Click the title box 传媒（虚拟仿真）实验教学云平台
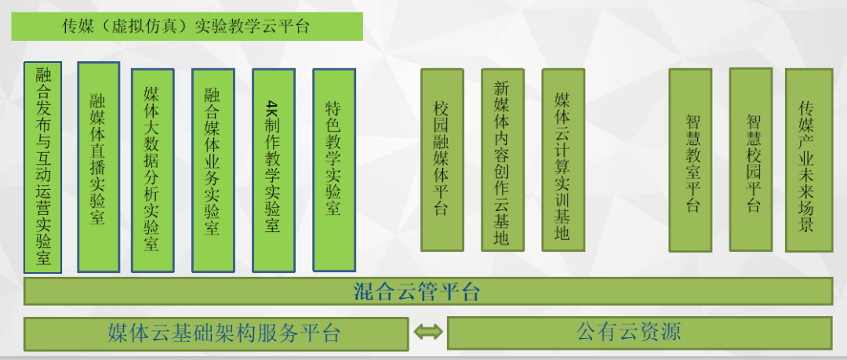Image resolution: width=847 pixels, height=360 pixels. pyautogui.click(x=187, y=26)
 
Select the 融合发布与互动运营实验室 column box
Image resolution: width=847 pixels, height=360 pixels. pyautogui.click(x=42, y=168)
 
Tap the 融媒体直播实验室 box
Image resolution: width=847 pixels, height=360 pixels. pyautogui.click(x=98, y=167)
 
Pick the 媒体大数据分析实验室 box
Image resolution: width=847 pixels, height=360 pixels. pyautogui.click(x=153, y=170)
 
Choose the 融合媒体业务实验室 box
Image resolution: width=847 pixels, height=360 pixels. pyautogui.click(x=213, y=170)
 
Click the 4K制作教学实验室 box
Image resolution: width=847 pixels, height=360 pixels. pyautogui.click(x=274, y=170)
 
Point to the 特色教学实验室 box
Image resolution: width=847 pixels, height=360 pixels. pyautogui.click(x=334, y=169)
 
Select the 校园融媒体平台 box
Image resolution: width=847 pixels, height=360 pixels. pyautogui.click(x=442, y=160)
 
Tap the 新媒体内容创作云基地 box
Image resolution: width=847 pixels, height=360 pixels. pyautogui.click(x=503, y=160)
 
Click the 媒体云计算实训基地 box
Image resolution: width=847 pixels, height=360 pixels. pyautogui.click(x=563, y=160)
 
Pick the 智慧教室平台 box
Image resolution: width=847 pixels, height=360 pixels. pyautogui.click(x=690, y=160)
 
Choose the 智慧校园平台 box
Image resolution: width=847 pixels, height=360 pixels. pyautogui.click(x=751, y=159)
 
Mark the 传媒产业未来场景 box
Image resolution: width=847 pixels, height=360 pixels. pyautogui.click(x=809, y=160)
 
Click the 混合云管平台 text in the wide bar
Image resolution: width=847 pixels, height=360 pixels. pyautogui.click(x=416, y=292)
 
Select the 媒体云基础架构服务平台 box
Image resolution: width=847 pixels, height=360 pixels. pyautogui.click(x=216, y=333)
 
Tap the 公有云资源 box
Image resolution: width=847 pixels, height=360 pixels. pyautogui.click(x=640, y=333)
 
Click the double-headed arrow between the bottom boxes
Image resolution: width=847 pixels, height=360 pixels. pyautogui.click(x=428, y=332)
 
